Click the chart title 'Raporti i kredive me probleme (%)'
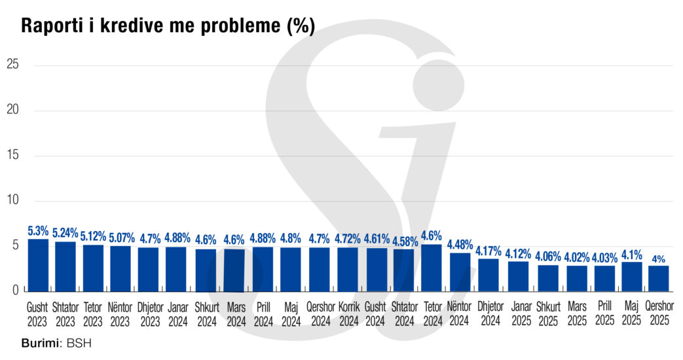(168, 26)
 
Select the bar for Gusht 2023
(38, 265)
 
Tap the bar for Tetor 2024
(432, 268)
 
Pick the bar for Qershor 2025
(658, 278)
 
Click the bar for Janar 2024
(176, 269)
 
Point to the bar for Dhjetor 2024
(489, 275)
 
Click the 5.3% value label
(38, 231)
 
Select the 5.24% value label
(65, 233)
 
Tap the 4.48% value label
(460, 244)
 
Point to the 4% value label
(658, 259)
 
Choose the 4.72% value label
(348, 238)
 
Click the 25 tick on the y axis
(12, 65)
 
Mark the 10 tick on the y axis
(12, 201)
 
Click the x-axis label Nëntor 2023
(120, 314)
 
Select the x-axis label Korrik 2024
(348, 314)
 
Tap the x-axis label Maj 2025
(631, 314)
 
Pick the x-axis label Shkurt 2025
(547, 314)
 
